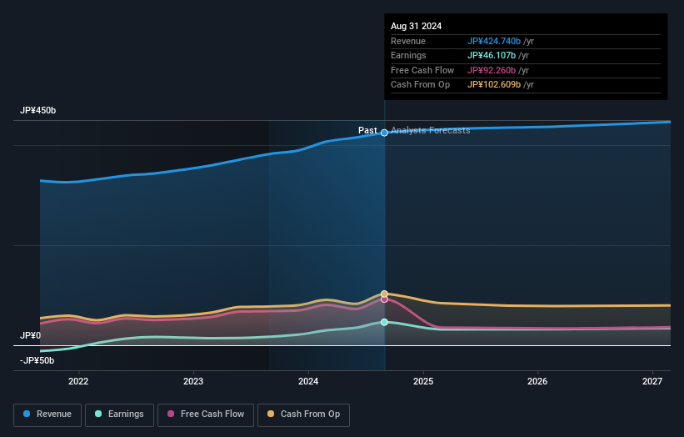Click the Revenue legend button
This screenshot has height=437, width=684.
pos(47,414)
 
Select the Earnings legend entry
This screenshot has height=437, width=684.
pos(119,414)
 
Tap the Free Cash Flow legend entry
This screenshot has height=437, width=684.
pos(207,414)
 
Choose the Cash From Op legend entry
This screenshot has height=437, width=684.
pos(304,414)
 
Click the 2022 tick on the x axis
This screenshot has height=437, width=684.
pos(78,382)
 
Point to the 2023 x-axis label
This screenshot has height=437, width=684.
pos(193,382)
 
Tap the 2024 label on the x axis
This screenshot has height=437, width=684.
pos(308,382)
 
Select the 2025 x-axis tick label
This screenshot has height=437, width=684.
pos(423,382)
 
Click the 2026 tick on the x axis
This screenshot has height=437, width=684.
pos(538,382)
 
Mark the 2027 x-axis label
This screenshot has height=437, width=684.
pos(652,382)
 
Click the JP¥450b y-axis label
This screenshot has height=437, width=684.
pos(37,111)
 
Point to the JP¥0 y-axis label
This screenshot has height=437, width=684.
pos(30,336)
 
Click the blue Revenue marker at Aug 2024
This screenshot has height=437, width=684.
pos(384,133)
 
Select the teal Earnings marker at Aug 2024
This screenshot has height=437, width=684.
pos(384,322)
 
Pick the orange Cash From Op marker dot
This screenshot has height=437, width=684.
pos(384,294)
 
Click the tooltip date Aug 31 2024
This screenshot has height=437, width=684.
pos(417,26)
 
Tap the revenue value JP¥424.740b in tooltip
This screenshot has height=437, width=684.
pos(494,41)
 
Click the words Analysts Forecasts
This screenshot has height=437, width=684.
pos(430,131)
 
